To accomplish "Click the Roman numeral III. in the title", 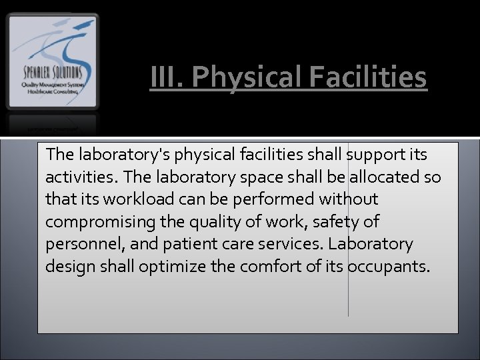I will tap(163, 77).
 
